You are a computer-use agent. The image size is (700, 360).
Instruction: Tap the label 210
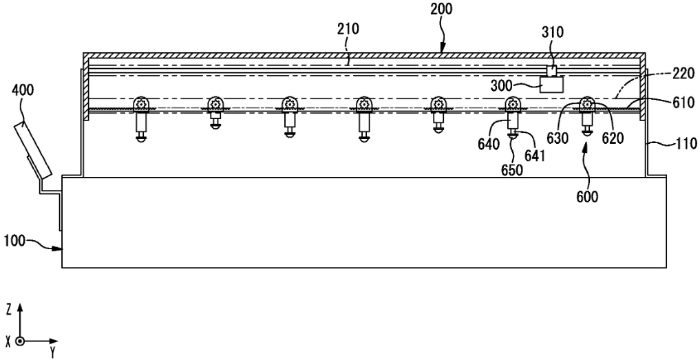(349, 30)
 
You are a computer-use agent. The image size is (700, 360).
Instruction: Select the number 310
(553, 32)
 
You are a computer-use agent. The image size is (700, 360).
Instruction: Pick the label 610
(681, 103)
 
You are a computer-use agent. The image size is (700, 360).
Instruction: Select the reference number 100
(16, 241)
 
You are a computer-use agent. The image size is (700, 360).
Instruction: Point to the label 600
(587, 197)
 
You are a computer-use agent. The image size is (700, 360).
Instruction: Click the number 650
(513, 170)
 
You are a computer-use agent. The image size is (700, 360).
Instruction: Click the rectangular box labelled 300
(551, 85)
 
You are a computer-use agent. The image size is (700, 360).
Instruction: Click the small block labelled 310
(552, 71)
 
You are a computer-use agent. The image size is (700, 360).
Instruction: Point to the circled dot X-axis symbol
(19, 341)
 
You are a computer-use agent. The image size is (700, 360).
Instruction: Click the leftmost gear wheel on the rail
(142, 104)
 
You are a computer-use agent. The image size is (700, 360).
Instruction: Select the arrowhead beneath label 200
(443, 49)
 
